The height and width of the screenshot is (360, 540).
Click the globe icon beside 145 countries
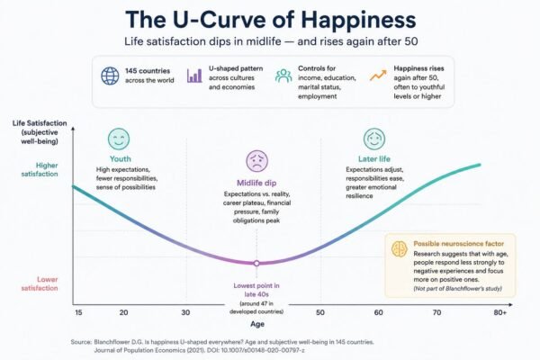click(x=110, y=76)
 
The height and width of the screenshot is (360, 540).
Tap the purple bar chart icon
click(x=194, y=76)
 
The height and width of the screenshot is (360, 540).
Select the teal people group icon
click(x=283, y=76)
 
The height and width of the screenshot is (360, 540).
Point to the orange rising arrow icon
click(x=378, y=76)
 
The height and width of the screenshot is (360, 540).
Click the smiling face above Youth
click(x=119, y=139)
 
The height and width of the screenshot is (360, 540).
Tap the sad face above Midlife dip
click(x=256, y=161)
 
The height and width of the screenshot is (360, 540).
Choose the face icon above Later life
click(x=374, y=139)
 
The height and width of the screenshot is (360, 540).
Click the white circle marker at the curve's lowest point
click(x=256, y=263)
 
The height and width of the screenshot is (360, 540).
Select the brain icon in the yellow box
click(x=400, y=248)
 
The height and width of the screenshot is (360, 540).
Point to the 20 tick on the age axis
click(x=123, y=312)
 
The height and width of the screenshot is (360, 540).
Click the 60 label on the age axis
click(x=379, y=312)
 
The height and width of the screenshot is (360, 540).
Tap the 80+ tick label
click(x=500, y=312)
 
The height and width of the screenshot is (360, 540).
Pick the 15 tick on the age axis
click(x=78, y=312)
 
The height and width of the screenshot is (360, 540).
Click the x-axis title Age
click(x=257, y=324)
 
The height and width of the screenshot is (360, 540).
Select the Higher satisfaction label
click(x=40, y=169)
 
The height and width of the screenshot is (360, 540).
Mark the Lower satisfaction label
click(x=40, y=283)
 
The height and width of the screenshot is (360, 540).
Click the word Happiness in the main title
click(x=358, y=20)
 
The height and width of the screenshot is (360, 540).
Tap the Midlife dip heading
click(x=256, y=183)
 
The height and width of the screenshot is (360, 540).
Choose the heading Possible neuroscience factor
click(x=459, y=244)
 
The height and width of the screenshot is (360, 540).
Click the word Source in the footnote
click(x=81, y=342)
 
